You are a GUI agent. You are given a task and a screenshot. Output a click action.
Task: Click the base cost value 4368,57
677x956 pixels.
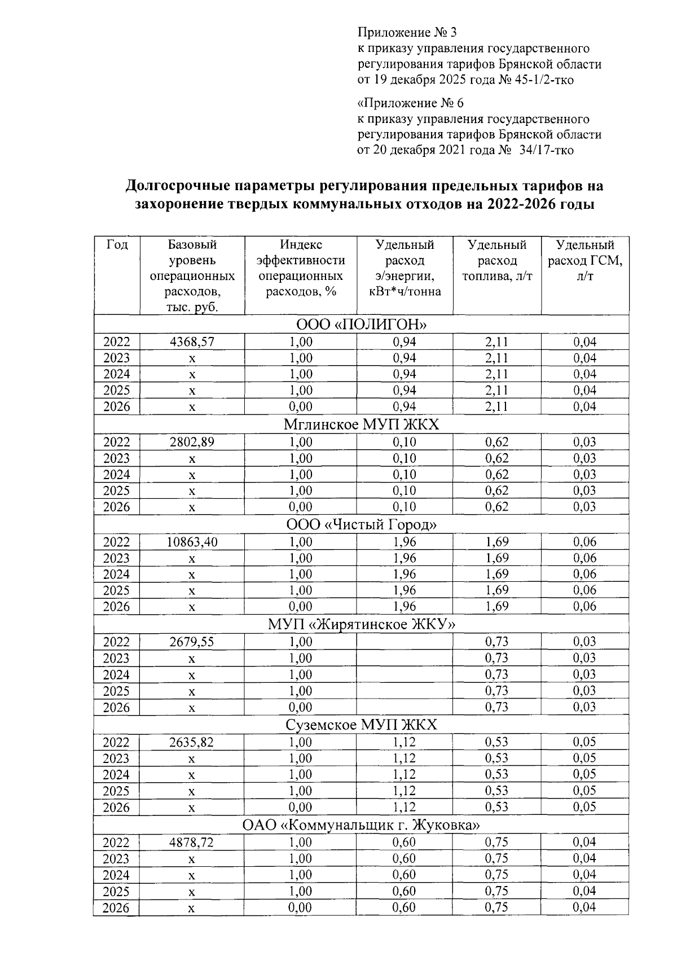pos(192,342)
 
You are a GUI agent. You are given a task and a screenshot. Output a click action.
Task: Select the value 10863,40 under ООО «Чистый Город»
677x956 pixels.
pos(192,542)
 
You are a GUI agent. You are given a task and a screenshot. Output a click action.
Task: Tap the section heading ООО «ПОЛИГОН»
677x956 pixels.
pos(361,325)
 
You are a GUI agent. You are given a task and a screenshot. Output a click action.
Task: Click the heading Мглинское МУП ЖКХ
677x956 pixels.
pos(361,425)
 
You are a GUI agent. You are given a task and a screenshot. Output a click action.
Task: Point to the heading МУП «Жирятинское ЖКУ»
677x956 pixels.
pos(361,625)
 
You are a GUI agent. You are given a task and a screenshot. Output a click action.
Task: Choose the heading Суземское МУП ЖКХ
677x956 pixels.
pos(361,725)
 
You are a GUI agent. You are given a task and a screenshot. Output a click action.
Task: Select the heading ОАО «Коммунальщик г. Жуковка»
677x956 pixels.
pos(361,825)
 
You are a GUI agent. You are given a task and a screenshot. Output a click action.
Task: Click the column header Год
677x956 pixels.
pos(117,245)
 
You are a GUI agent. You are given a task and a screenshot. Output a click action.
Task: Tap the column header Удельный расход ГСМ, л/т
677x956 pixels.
pos(585,261)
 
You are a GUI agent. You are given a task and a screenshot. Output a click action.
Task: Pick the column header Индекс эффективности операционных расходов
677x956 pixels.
pos(301,269)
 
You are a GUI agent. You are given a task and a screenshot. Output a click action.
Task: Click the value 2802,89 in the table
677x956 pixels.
pos(192,442)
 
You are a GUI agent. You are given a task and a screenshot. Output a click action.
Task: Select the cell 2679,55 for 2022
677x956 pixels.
pos(192,642)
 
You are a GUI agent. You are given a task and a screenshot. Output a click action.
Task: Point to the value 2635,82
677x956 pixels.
pos(192,742)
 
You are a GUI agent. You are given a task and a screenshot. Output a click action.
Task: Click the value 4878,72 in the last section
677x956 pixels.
pos(192,843)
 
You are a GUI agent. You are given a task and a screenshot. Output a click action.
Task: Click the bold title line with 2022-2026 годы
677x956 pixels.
pos(364,204)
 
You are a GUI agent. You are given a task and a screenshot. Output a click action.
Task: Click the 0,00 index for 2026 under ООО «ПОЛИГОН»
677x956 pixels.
pos(301,407)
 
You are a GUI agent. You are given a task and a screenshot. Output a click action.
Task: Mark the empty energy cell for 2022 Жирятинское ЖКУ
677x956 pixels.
pos(405,642)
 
